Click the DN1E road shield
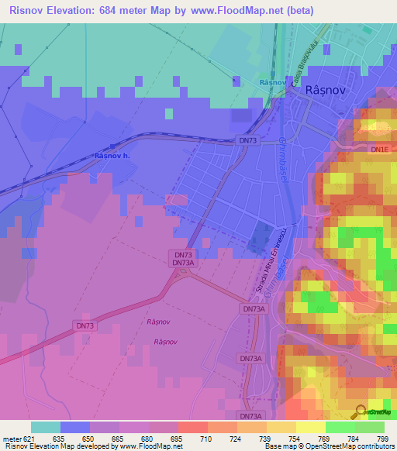tap(379, 148)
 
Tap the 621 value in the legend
tap(29, 438)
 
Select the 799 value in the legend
tap(381, 438)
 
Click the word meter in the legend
tap(11, 438)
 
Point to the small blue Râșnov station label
tap(273, 82)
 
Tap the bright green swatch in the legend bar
tap(340, 427)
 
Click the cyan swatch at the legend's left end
tap(46, 427)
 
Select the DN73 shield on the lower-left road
tap(85, 325)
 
